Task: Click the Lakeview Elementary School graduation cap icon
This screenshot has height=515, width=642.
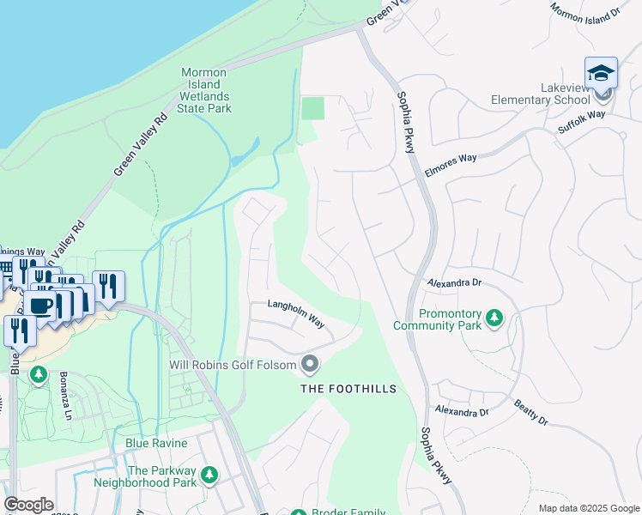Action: [601, 72]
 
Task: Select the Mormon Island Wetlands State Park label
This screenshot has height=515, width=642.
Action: [204, 91]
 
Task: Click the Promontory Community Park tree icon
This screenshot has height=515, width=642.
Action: [494, 318]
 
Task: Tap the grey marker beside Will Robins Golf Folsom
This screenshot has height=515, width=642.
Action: [310, 366]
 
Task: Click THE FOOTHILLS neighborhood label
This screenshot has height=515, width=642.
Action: [348, 389]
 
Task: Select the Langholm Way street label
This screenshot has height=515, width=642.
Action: [295, 313]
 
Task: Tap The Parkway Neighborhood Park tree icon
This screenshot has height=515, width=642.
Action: [209, 475]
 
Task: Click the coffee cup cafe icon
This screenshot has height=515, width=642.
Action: [39, 305]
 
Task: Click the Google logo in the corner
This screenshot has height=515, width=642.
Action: [28, 505]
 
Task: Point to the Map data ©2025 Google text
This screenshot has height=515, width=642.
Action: [588, 508]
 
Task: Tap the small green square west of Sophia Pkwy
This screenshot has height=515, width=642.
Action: [314, 109]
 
